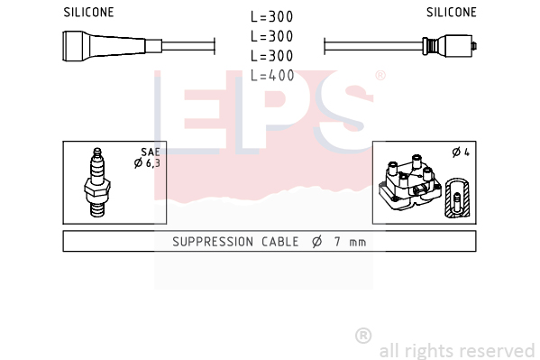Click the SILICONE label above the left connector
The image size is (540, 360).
tap(88, 13)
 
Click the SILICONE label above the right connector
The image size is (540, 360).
tap(452, 13)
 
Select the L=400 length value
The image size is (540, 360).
tap(272, 76)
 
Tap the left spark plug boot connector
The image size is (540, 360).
tap(112, 46)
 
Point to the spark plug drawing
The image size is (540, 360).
tap(97, 183)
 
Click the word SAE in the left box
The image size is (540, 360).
tap(151, 152)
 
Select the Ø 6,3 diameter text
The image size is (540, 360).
tap(147, 162)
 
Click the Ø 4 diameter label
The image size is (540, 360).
tap(461, 152)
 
